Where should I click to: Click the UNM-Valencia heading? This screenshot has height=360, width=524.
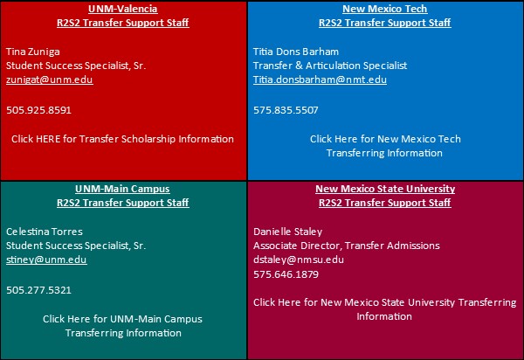coord(122,9)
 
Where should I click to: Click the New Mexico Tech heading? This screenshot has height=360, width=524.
coord(384,9)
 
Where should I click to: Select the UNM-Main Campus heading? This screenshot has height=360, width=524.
coord(122,189)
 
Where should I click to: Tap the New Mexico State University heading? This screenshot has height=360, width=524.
coord(385,189)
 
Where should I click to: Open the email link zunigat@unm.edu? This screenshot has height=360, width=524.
coord(50,80)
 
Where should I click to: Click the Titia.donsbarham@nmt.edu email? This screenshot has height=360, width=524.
coord(320,80)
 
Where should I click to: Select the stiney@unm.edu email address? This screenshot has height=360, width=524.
coord(46,260)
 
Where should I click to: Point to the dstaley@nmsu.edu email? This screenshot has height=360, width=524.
coord(299,260)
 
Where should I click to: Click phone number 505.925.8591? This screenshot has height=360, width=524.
coord(38,110)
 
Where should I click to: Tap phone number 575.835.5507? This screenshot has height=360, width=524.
coord(286,110)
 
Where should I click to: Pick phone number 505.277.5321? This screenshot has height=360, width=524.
coord(38,290)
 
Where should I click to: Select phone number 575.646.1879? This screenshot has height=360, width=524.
coord(286,274)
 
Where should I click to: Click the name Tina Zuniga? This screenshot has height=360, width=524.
coord(33,52)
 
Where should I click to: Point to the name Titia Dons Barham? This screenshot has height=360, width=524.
coord(296,52)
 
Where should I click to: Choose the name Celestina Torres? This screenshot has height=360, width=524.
coord(45,232)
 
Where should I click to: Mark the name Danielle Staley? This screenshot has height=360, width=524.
coord(287,232)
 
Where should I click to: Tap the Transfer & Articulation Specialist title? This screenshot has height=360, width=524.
coord(330,66)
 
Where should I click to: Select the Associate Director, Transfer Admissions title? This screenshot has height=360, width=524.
coord(346,246)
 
